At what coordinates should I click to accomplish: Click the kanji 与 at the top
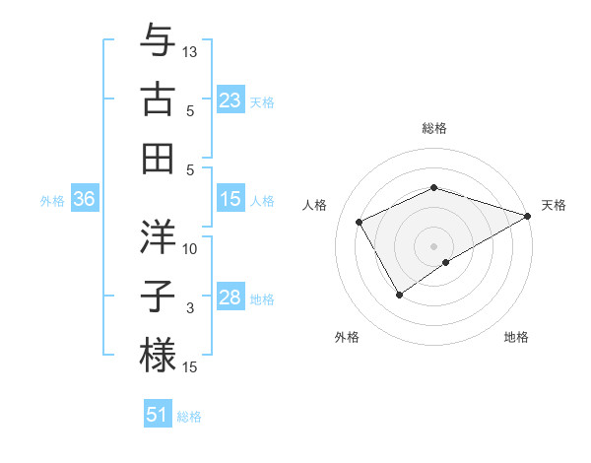click(159, 43)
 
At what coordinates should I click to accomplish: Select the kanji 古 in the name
click(159, 99)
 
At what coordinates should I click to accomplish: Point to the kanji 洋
click(159, 236)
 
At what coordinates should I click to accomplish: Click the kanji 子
click(159, 295)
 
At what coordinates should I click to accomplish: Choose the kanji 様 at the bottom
click(159, 354)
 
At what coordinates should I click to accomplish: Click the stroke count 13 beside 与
click(191, 50)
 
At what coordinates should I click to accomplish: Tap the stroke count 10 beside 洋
click(191, 248)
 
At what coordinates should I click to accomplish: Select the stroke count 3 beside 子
click(190, 308)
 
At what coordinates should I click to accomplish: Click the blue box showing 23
click(230, 99)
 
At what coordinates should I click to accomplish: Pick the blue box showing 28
click(230, 298)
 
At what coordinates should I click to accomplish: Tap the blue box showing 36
click(84, 200)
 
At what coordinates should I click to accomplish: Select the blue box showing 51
click(158, 415)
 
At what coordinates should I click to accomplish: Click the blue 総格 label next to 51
click(189, 417)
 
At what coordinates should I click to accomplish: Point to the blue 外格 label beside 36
click(52, 201)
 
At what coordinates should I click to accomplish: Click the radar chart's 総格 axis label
click(434, 128)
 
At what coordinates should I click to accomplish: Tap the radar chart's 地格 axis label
click(516, 337)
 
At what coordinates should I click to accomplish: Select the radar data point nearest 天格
click(528, 216)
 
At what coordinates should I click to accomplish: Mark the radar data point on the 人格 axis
click(360, 223)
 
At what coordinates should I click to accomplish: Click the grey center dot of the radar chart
click(434, 245)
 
